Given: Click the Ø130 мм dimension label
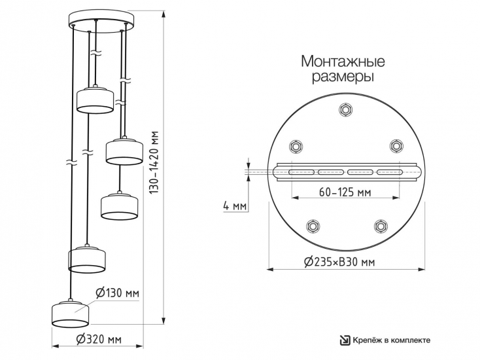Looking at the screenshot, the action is click(117, 293).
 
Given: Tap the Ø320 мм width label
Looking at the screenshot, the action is click(99, 339).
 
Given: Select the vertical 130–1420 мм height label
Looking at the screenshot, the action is click(154, 162).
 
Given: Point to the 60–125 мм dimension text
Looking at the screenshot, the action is click(345, 192).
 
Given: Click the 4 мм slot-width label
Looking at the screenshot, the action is click(235, 206).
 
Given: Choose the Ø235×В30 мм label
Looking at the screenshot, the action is click(339, 262).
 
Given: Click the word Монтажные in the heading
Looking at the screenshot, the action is click(343, 61).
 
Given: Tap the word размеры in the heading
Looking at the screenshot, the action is click(343, 77).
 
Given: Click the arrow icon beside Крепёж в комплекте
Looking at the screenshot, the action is click(345, 340).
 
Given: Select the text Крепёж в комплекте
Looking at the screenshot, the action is click(392, 340).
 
